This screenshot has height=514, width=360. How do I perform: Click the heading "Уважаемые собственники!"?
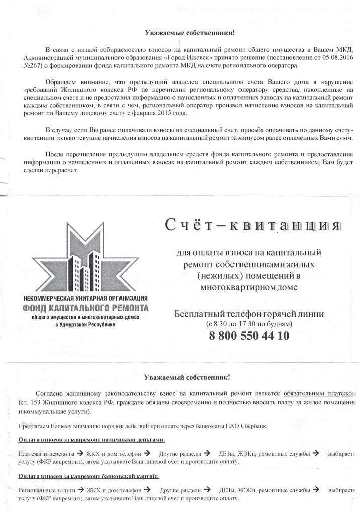pos(190,33)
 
